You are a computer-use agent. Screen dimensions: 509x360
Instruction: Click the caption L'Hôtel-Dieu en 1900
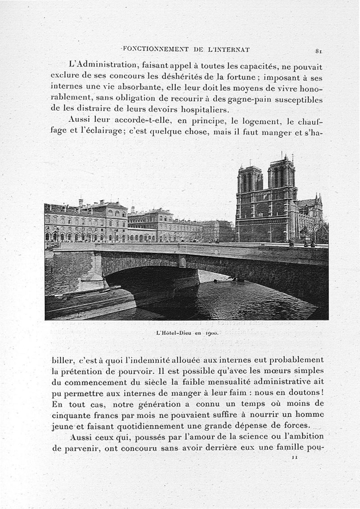(x=187, y=333)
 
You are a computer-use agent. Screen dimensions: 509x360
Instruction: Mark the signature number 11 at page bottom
(x=295, y=457)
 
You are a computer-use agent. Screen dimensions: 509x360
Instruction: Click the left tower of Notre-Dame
(x=250, y=180)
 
